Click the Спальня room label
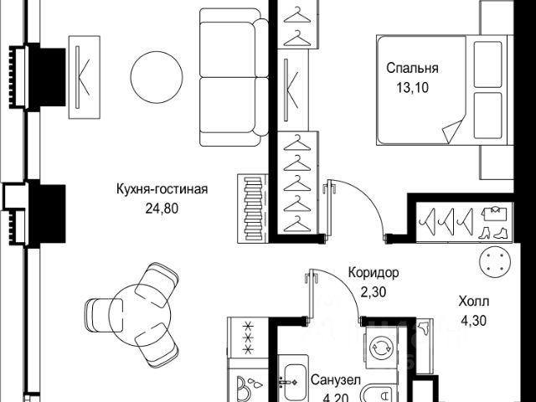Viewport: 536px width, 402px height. (413, 69)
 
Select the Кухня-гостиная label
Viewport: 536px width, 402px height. (162, 189)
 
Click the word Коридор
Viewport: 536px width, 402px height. (374, 273)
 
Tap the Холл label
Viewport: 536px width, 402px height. (474, 301)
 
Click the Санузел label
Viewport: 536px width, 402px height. (335, 380)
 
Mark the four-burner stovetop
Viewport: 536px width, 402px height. (247, 338)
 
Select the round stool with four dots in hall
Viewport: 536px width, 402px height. (493, 263)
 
